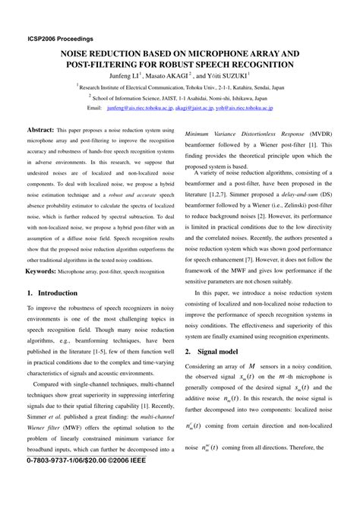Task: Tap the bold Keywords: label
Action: coord(46,270)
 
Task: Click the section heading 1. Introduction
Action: coord(57,292)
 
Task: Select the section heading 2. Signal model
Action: coord(216,352)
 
